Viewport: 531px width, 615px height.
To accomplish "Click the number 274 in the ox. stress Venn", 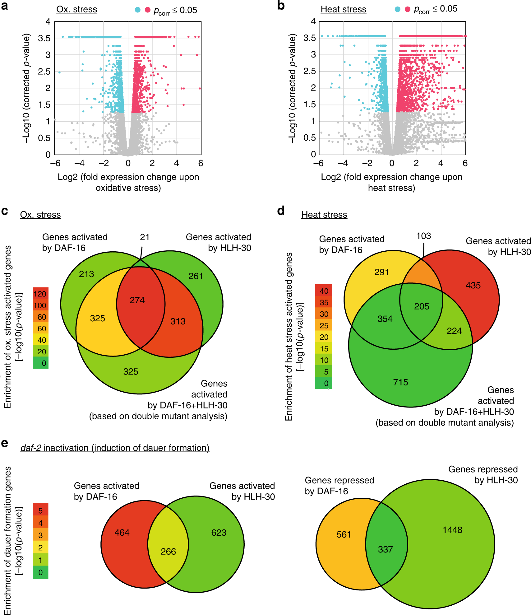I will tap(137, 300).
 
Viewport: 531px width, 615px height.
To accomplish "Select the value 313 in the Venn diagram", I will tap(178, 321).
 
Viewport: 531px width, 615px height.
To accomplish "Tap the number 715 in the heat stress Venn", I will tap(400, 382).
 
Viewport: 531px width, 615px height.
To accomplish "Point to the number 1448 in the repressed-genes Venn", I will tap(452, 530).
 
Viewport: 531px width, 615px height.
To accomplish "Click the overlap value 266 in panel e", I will tap(168, 552).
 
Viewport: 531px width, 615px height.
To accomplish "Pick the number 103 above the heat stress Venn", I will tap(423, 236).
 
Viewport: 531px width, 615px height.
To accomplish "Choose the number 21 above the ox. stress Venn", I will tap(145, 237).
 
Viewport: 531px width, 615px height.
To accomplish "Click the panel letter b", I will tap(281, 6).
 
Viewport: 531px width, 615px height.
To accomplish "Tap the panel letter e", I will tap(4, 443).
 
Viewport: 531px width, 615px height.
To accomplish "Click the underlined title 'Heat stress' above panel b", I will tap(343, 10).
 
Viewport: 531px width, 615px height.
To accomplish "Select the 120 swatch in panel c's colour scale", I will tap(40, 294).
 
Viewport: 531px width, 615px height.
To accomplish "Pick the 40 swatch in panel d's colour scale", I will tap(324, 291).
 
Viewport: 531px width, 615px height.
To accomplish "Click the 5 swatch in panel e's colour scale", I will tap(40, 510).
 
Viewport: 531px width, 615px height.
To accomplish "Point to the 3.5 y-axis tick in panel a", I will tap(44, 39).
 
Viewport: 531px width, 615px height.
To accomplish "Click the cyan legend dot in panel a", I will tap(137, 10).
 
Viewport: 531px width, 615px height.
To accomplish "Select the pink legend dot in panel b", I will tap(407, 9).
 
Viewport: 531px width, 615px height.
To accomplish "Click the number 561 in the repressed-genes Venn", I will tap(344, 534).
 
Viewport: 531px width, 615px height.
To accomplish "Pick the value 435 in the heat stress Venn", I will tap(473, 285).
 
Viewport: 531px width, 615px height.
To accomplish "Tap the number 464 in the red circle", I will tap(122, 533).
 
